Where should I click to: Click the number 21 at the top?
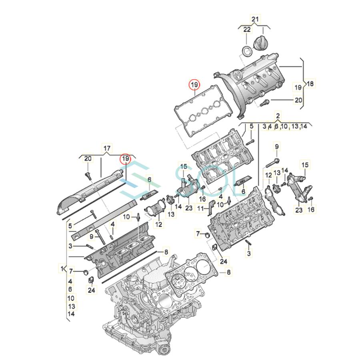pyautogui.click(x=255, y=19)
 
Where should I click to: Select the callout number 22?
pyautogui.click(x=247, y=30)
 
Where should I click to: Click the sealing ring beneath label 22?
pyautogui.click(x=248, y=51)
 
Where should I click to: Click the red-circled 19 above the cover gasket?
pyautogui.click(x=195, y=85)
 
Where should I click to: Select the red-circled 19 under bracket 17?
pyautogui.click(x=126, y=159)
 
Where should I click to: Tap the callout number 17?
pyautogui.click(x=107, y=148)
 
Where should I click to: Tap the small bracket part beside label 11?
pyautogui.click(x=210, y=206)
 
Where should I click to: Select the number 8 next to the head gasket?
pyautogui.click(x=229, y=272)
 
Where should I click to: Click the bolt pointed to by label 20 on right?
pyautogui.click(x=264, y=102)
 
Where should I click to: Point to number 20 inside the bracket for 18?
pyautogui.click(x=298, y=100)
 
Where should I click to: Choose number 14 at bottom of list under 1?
pyautogui.click(x=71, y=314)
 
